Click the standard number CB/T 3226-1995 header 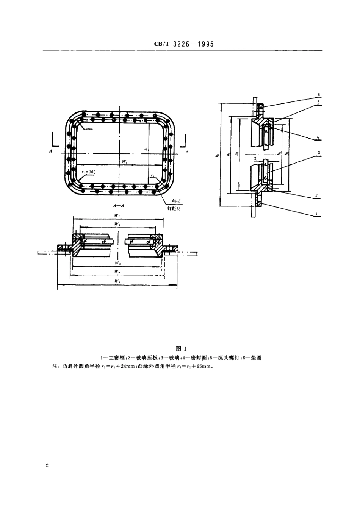(x=184, y=44)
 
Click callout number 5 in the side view (x=319, y=102)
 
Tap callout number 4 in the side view (x=319, y=136)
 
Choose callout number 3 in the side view (x=319, y=152)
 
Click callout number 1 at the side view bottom (x=316, y=214)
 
